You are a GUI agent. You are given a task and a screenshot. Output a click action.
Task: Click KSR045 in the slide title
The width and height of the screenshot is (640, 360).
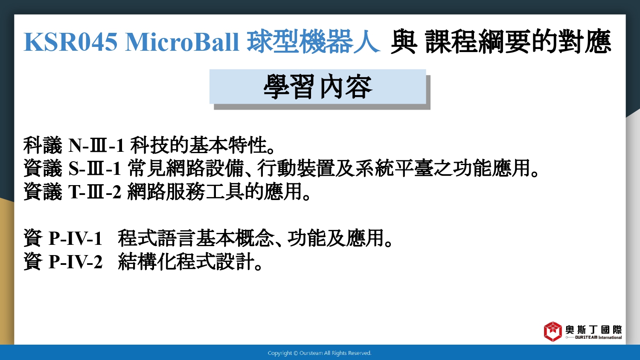[x=70, y=42]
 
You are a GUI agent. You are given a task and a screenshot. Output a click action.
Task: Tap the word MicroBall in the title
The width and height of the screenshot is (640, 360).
[x=182, y=42]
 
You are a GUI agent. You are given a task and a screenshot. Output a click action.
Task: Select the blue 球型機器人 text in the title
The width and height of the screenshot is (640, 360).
[x=313, y=42]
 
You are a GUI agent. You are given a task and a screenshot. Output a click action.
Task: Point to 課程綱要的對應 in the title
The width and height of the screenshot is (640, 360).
[x=518, y=42]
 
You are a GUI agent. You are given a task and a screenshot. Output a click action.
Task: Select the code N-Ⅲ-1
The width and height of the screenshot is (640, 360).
[x=96, y=145]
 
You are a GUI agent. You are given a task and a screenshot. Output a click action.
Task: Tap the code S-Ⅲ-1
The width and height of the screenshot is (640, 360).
[x=95, y=168]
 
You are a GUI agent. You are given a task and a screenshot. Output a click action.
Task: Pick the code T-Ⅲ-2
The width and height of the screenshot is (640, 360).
[x=95, y=192]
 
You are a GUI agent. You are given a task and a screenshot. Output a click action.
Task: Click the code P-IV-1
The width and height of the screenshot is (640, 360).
[x=76, y=238]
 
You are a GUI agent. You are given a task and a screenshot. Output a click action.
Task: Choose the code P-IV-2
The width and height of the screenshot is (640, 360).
[x=76, y=261]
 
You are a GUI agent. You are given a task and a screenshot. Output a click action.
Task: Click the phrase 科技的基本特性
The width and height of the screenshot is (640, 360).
[x=199, y=145]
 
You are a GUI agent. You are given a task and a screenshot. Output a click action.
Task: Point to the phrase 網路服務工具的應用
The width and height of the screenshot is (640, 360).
[x=214, y=192]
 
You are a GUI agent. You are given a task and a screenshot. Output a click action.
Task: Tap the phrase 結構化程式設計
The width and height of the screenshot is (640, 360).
[x=186, y=261]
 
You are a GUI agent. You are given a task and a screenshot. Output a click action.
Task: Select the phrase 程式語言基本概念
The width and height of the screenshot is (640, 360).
[x=196, y=238]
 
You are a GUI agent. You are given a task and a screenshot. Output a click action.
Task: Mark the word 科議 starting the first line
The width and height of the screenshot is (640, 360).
[x=43, y=145]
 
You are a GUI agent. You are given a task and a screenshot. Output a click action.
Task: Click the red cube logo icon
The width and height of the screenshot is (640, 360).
[x=553, y=331]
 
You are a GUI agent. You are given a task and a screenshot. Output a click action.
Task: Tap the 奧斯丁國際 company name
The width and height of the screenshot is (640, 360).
[x=594, y=330]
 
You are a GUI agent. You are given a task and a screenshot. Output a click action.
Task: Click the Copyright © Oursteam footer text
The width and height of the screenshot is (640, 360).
[x=320, y=353]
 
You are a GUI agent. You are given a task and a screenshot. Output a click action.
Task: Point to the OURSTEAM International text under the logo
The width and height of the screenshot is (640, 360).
[x=598, y=337]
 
